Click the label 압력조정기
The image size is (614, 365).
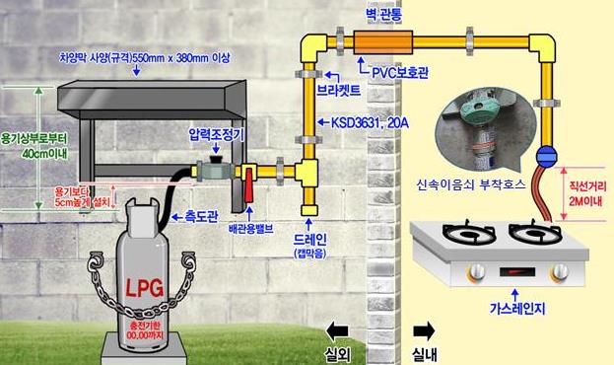coord(217,131)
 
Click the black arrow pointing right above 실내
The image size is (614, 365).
coord(426,329)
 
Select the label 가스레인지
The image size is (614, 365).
coord(517,309)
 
